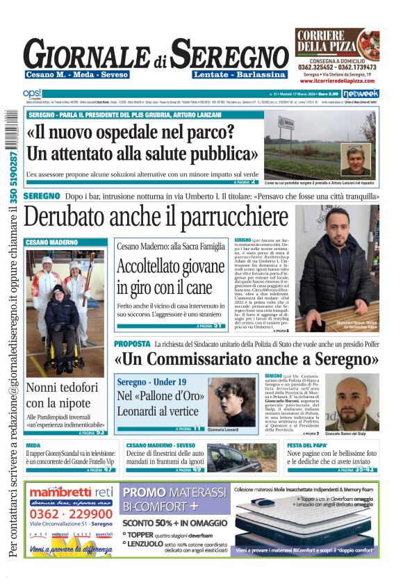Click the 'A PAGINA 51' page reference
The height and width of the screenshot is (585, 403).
[x=208, y=325]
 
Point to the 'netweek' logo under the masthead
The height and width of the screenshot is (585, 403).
[x=360, y=93]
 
